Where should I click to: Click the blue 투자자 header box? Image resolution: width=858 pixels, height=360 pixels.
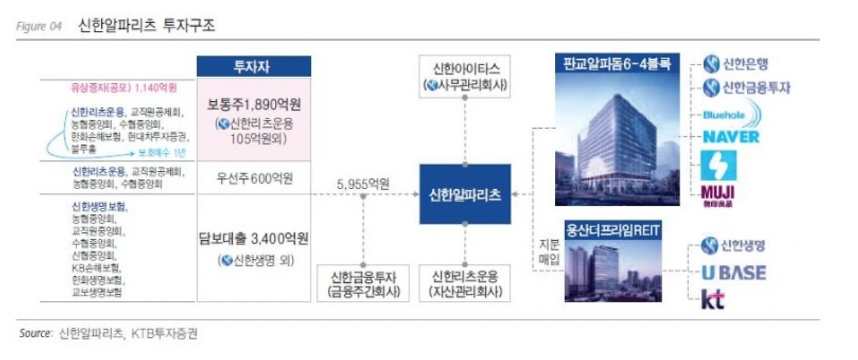click(x=253, y=66)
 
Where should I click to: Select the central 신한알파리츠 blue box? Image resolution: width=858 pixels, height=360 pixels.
click(x=465, y=194)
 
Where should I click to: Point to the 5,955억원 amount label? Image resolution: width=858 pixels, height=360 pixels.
click(x=363, y=184)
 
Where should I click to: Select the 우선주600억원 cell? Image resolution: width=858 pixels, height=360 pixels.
click(x=254, y=180)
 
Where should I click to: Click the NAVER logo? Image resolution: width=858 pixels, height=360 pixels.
click(x=731, y=137)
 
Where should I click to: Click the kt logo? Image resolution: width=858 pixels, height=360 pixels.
click(x=713, y=300)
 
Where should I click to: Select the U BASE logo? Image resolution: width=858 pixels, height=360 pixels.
click(x=733, y=272)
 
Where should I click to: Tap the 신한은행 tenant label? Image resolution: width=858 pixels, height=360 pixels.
click(x=735, y=65)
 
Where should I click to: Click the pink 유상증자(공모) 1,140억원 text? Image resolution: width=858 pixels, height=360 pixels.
click(x=125, y=87)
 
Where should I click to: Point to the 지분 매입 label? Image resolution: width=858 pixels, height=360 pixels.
click(x=549, y=251)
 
